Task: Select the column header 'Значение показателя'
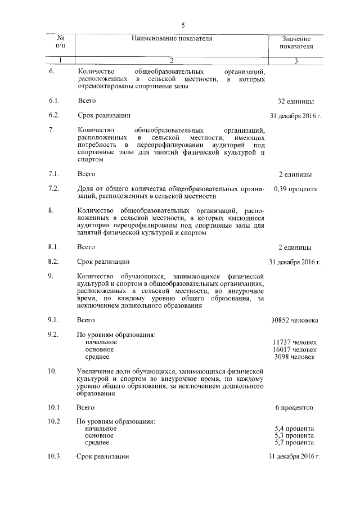[296, 42]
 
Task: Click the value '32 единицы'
[295, 102]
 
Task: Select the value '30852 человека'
[295, 320]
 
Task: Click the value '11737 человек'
[295, 342]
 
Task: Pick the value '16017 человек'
[295, 349]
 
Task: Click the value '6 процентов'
[295, 407]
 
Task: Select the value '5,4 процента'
[295, 429]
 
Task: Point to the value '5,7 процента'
[295, 443]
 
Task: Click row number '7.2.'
[54, 188]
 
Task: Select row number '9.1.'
[54, 320]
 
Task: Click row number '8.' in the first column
[51, 211]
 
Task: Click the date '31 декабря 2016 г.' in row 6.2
[295, 116]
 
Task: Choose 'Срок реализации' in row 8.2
[103, 262]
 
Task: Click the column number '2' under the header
[172, 61]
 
